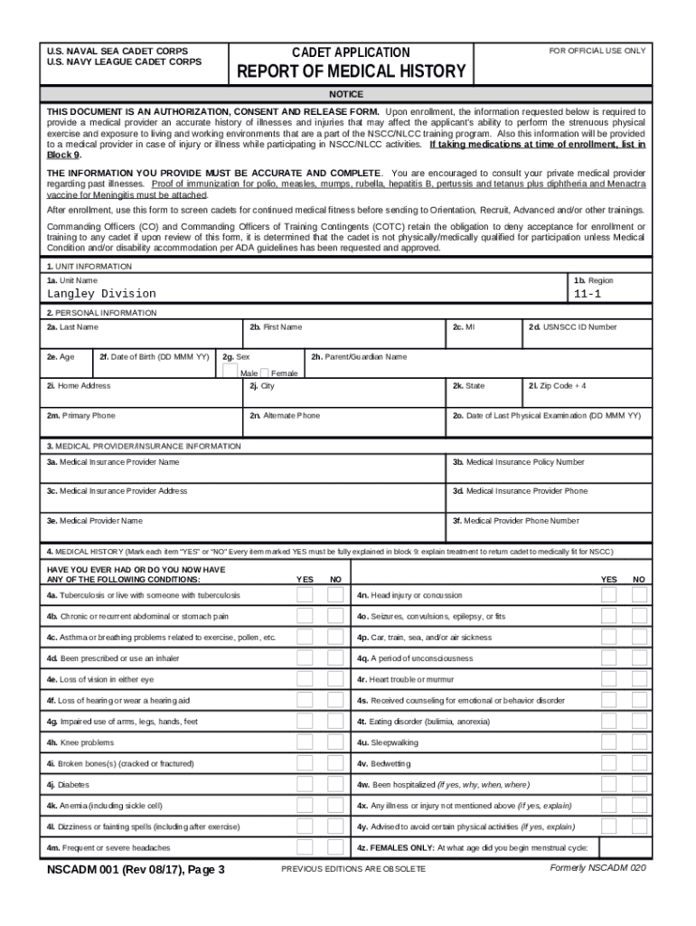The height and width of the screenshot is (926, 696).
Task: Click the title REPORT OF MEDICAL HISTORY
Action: click(351, 71)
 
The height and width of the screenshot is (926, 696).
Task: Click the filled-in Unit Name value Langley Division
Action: click(101, 294)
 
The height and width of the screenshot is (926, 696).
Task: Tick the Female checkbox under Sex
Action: click(264, 373)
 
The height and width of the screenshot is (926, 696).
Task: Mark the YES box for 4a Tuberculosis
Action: click(306, 595)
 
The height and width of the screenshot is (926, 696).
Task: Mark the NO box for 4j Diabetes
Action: click(335, 784)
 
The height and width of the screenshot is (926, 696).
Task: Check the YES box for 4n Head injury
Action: click(609, 595)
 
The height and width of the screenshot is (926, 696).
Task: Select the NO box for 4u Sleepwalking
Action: click(639, 742)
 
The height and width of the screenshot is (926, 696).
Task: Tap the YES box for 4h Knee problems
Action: click(306, 742)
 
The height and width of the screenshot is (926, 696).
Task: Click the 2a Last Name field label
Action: click(73, 326)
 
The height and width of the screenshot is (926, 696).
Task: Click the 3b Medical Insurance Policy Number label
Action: click(518, 462)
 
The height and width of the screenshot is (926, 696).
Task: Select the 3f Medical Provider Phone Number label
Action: click(515, 521)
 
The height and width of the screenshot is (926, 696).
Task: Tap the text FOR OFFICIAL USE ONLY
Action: click(597, 51)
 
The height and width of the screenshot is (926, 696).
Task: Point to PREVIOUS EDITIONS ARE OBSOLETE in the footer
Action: click(353, 869)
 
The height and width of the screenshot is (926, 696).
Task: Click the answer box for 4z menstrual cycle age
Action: click(623, 847)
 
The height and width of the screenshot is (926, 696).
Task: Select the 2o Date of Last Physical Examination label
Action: click(546, 415)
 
